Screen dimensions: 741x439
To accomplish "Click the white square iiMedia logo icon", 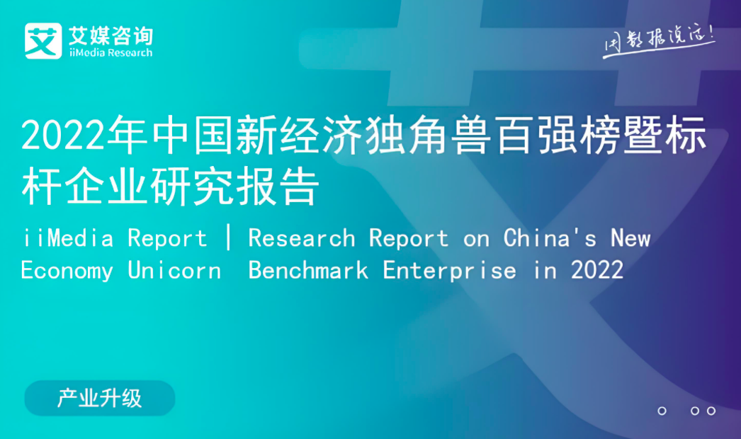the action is [x=43, y=41].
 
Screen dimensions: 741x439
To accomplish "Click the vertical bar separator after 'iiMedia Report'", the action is [x=229, y=238].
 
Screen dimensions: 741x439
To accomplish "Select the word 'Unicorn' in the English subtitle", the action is [x=174, y=271].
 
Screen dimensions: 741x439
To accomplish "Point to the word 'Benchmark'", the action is [x=308, y=271].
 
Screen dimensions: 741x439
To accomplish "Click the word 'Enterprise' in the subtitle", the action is [x=449, y=271].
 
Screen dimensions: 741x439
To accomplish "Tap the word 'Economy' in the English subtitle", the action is [x=67, y=271].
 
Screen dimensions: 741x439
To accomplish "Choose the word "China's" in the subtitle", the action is [x=550, y=238].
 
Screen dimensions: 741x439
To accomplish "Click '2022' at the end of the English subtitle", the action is [x=597, y=271].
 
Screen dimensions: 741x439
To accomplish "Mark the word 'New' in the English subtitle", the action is [x=630, y=238].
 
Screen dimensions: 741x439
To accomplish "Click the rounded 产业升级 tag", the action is [x=100, y=399].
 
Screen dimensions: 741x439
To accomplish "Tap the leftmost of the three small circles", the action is [x=662, y=411].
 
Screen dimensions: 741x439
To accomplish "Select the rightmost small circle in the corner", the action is [x=711, y=411].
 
